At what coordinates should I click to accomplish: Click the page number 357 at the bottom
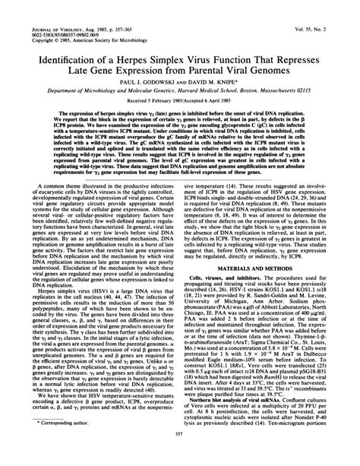[179, 454]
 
